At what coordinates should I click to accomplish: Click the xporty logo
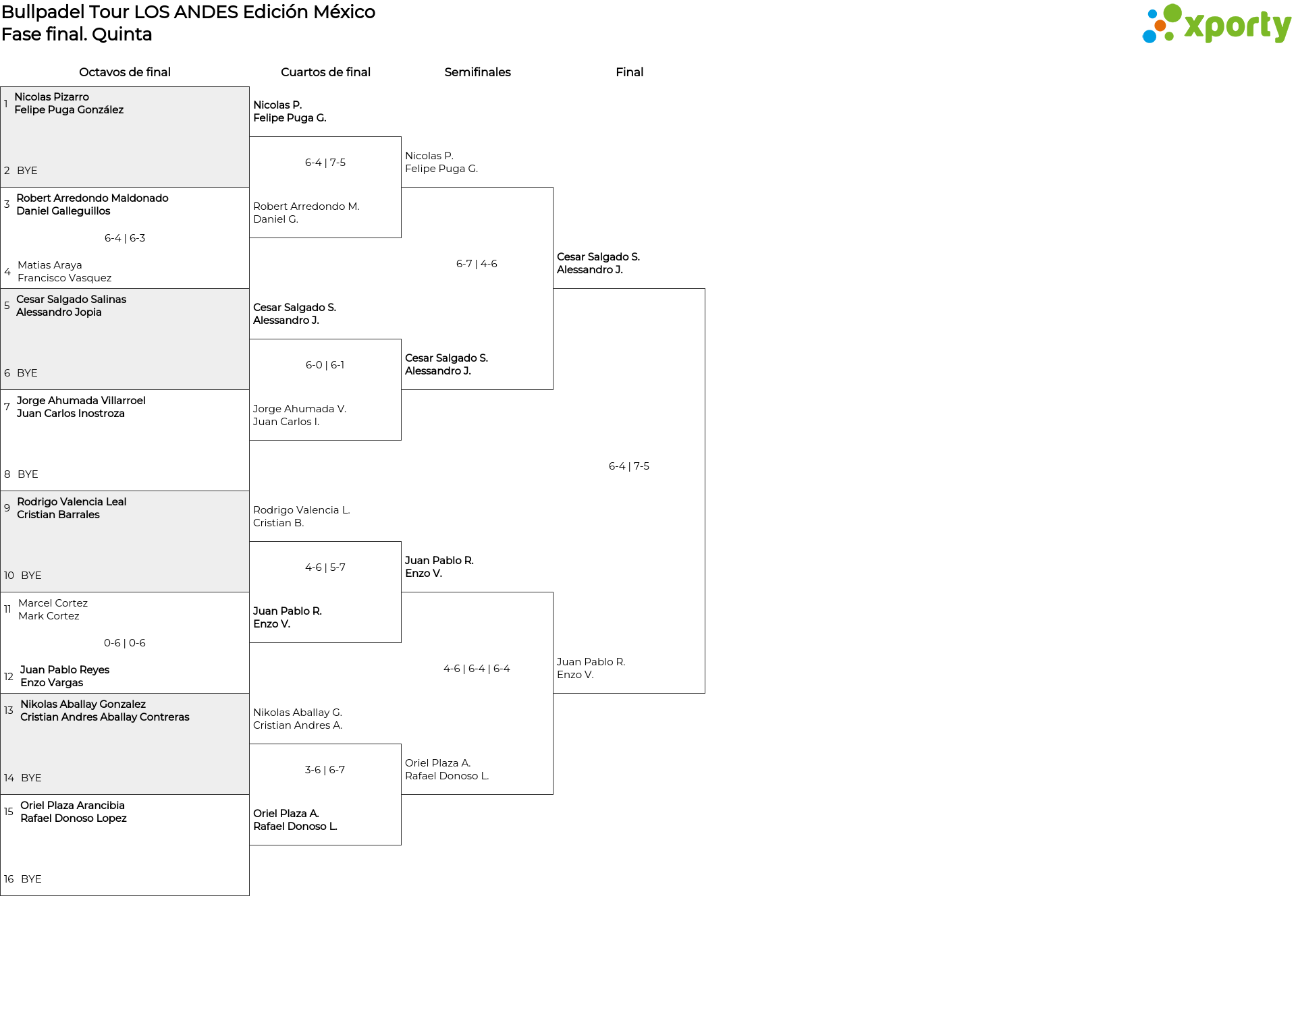pos(1216,24)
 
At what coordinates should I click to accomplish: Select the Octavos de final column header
pos(125,72)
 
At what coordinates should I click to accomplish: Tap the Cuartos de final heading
pos(325,72)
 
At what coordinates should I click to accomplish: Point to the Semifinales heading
pos(477,72)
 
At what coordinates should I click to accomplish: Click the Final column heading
pos(629,72)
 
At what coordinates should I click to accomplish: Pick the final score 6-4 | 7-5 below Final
pos(629,466)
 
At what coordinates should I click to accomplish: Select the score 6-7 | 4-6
pos(477,264)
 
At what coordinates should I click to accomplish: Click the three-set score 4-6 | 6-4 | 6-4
pos(477,669)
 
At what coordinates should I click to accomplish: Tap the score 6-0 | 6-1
pos(325,365)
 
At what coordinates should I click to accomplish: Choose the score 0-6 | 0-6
pos(125,643)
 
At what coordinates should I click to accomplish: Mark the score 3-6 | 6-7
pos(325,770)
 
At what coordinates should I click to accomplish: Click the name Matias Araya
pos(50,265)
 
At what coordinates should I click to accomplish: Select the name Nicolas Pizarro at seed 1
pos(52,97)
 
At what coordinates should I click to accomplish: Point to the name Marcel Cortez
pos(53,603)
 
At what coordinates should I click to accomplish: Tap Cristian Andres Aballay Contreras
pos(105,717)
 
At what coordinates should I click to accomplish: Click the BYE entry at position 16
pos(31,879)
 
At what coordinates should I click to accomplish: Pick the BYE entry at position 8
pos(28,474)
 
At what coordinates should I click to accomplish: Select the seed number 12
pos(9,677)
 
